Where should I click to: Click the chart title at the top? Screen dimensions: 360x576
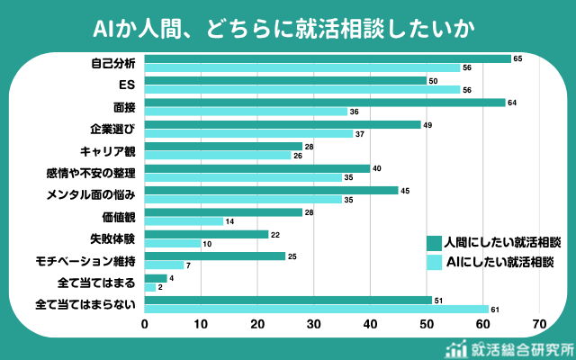point(287,28)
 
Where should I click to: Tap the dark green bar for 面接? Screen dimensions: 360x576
point(324,103)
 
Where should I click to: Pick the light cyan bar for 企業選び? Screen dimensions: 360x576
point(248,133)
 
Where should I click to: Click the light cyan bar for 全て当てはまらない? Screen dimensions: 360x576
point(316,309)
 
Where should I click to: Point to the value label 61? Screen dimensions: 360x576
point(495,310)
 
